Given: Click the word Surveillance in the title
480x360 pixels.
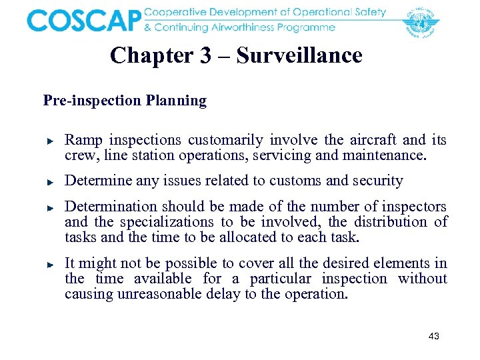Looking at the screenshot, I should [x=299, y=55].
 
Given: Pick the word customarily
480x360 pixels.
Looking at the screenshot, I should [x=227, y=140].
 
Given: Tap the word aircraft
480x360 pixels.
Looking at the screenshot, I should [x=372, y=140].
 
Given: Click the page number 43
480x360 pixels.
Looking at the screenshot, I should [x=433, y=337].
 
